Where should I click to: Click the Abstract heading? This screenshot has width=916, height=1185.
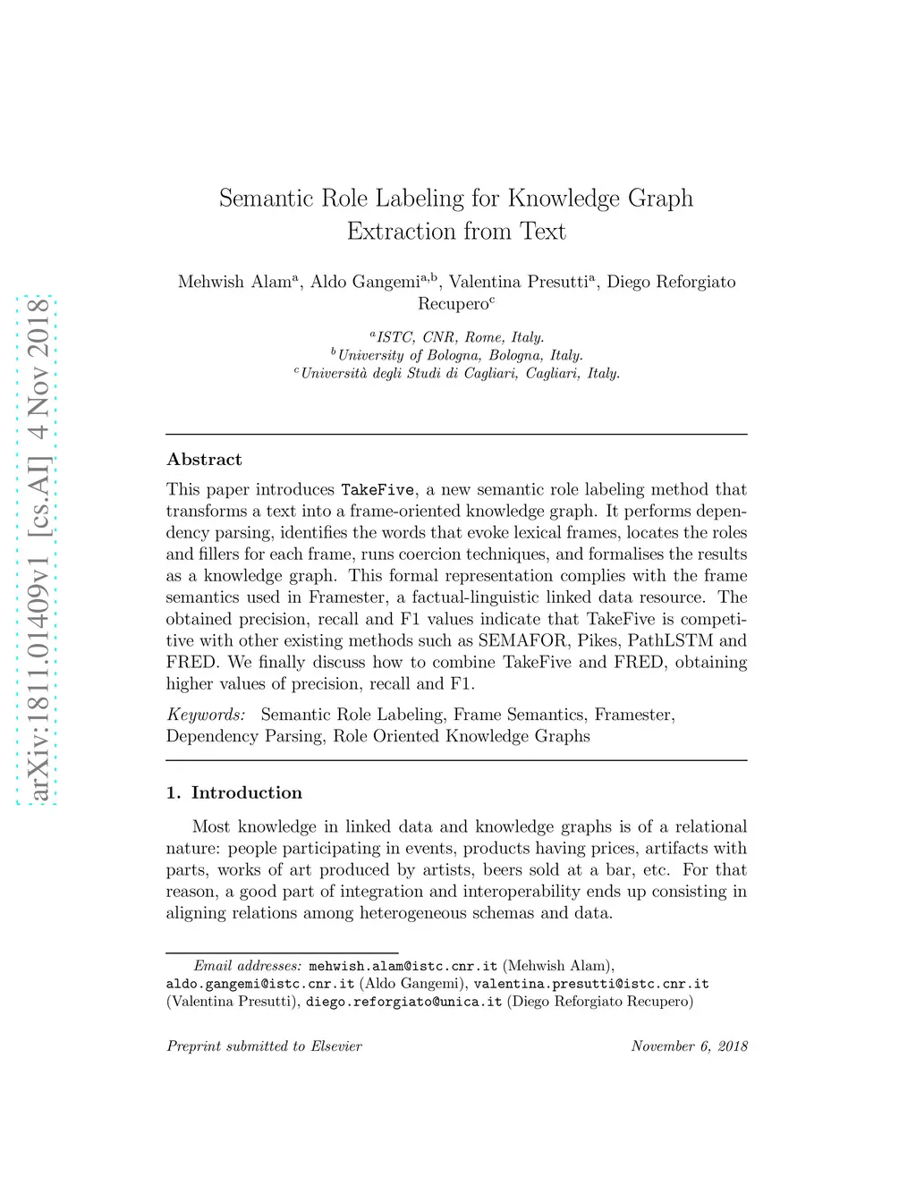(x=204, y=460)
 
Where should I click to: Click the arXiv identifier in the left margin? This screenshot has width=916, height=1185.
(x=38, y=549)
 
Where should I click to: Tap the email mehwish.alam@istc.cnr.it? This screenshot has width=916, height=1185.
(x=403, y=966)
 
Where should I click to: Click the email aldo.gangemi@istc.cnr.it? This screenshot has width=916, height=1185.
(x=260, y=984)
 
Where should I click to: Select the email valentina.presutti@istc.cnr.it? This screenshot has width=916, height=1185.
(x=590, y=984)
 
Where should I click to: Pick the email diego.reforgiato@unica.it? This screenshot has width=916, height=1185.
(x=403, y=1002)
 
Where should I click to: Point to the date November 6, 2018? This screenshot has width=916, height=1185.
(x=689, y=1046)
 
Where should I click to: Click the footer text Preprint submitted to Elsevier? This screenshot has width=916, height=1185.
(x=264, y=1046)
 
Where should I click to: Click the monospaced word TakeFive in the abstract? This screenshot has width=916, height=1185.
(x=377, y=490)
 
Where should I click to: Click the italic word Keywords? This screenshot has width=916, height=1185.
(x=206, y=715)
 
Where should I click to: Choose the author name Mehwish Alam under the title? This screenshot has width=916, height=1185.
(x=234, y=282)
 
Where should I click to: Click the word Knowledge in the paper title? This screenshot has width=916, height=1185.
(x=564, y=199)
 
